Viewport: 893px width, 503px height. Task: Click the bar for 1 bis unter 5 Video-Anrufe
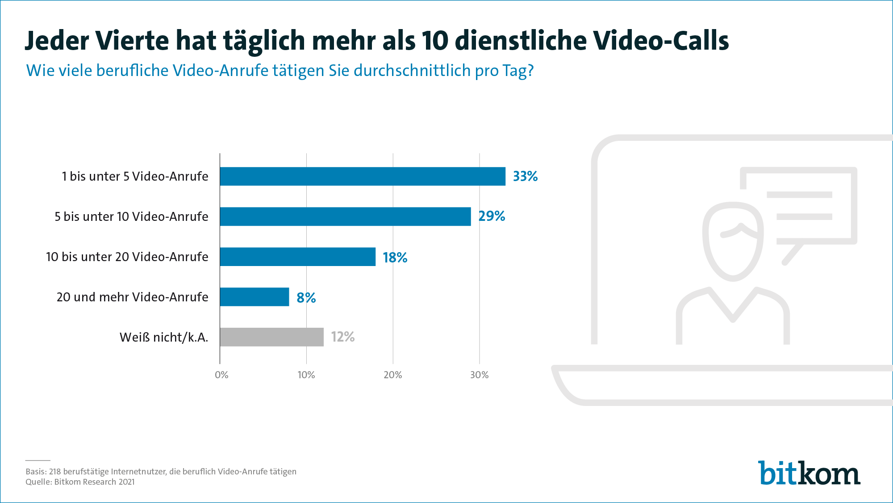363,176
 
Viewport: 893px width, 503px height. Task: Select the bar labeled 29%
345,216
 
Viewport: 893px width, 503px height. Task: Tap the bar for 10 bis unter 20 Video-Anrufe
297,257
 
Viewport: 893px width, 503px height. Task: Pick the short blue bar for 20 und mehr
255,297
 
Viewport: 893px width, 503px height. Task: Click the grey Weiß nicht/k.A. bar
271,337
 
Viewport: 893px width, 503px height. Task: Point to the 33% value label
525,176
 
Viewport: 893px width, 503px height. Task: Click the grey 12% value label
342,337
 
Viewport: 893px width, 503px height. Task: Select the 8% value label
306,297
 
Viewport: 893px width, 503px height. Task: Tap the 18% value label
395,258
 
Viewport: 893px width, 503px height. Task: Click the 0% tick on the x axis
221,375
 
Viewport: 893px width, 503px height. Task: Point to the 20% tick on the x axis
392,375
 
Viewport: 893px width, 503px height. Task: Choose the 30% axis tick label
479,375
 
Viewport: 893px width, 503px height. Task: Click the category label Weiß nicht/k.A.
163,337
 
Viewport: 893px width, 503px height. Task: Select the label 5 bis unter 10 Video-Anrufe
131,216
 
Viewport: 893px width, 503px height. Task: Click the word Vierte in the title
132,41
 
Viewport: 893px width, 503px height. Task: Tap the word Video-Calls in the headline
661,41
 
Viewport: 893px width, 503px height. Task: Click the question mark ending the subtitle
530,71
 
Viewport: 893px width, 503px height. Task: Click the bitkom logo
809,473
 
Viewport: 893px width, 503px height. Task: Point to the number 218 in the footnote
54,471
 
